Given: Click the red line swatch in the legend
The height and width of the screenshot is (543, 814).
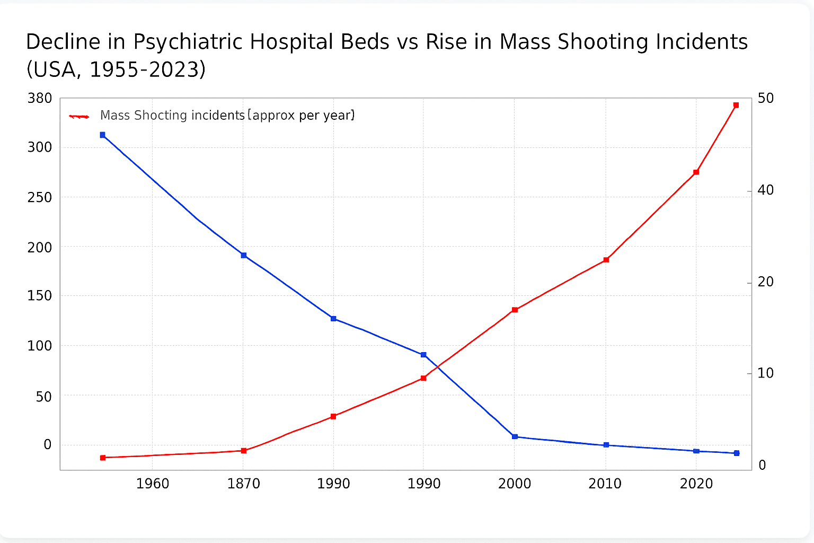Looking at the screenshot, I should coord(79,116).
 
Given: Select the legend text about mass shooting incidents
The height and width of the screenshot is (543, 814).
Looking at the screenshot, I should coord(227,115).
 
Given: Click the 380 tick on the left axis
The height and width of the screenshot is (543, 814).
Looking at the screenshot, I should coord(40,99).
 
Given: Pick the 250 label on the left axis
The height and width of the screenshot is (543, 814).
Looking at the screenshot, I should coord(40,197).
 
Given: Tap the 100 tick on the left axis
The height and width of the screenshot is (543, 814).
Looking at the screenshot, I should coord(40,346).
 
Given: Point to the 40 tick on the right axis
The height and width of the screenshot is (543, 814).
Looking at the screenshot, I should coord(766,190).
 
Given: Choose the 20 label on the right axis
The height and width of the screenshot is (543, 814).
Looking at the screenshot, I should coord(766,282).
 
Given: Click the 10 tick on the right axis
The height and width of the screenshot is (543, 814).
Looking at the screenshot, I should coord(766,373).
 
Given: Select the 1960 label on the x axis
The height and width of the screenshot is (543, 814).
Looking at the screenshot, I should coord(153,484).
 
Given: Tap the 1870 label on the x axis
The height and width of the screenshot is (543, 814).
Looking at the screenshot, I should coord(244,484).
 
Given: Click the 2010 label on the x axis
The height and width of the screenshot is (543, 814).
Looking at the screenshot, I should coord(605,484).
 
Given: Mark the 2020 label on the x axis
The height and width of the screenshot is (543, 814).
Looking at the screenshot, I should coord(696,484).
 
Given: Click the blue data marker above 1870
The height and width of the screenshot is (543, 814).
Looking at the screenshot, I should coord(244,255).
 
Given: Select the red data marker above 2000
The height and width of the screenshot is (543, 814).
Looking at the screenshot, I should coord(515,310).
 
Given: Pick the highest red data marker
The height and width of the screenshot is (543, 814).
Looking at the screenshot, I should coord(736,106).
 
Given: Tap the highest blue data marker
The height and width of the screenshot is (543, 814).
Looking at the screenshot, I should coord(103,135).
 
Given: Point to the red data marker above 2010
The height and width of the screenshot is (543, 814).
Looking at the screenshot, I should coord(606,260).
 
